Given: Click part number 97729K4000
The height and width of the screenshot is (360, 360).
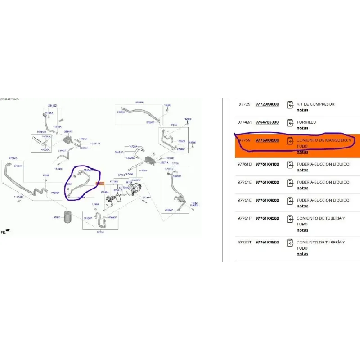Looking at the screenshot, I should tap(267, 104).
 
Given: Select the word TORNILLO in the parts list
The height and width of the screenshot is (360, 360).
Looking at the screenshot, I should tap(306, 122).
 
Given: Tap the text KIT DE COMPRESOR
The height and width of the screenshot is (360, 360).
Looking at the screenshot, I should tap(315, 104).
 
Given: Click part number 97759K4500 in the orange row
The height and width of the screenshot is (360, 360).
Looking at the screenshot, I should tap(267, 140).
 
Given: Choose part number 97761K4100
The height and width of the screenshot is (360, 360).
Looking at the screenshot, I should tap(267, 165).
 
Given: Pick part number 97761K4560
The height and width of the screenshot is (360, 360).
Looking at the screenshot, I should tap(267, 218).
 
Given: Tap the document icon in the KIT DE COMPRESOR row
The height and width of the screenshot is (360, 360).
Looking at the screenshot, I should tap(290, 104).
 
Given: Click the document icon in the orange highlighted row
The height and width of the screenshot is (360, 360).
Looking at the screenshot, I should tap(290, 140).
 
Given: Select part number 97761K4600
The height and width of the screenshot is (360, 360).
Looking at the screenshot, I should tap(267, 201).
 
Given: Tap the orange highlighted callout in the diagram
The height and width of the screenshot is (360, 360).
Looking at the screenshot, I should tap(100, 184).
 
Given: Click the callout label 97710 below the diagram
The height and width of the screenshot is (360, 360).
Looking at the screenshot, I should tap(100, 233).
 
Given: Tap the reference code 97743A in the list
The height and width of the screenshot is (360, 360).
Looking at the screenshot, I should tap(245, 122).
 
